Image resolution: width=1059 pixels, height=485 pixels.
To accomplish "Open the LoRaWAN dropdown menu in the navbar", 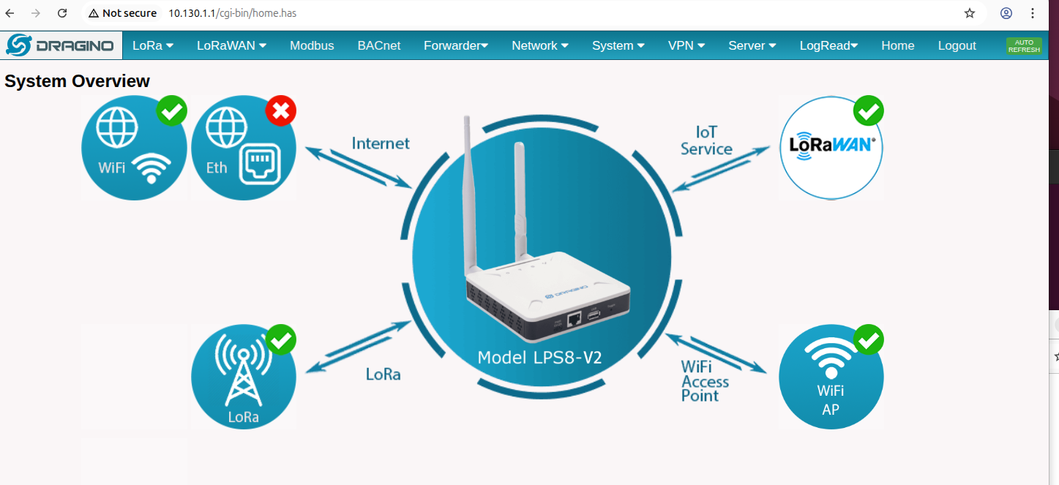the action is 231,45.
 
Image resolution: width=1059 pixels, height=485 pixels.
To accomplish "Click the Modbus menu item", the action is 312,45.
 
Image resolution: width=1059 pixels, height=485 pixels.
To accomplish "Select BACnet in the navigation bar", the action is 378,45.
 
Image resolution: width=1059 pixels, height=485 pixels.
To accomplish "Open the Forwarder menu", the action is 456,45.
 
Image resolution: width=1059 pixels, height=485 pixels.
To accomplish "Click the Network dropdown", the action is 540,45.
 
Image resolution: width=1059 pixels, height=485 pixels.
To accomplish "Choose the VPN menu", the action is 686,45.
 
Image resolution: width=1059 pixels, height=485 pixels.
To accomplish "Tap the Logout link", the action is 957,45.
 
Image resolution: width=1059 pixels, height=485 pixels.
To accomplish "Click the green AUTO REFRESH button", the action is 1024,46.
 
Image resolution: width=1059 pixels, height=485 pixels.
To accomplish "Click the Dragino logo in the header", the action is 61,45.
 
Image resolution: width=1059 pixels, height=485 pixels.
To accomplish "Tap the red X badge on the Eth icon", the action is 281,111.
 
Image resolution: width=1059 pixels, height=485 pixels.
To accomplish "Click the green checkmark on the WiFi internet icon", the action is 171,111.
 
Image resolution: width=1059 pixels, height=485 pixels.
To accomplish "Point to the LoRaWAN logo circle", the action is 831,148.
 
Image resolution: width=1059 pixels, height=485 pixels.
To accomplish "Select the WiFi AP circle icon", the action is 831,377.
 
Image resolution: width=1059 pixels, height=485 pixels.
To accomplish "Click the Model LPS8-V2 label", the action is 539,358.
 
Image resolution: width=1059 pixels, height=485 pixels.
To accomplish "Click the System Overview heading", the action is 77,80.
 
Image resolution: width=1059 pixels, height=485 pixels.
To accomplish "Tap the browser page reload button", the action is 62,13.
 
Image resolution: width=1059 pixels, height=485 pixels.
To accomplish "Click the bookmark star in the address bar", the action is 970,13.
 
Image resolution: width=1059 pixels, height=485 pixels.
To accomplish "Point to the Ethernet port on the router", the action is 574,320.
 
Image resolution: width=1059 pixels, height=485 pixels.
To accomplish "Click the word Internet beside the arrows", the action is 381,143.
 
